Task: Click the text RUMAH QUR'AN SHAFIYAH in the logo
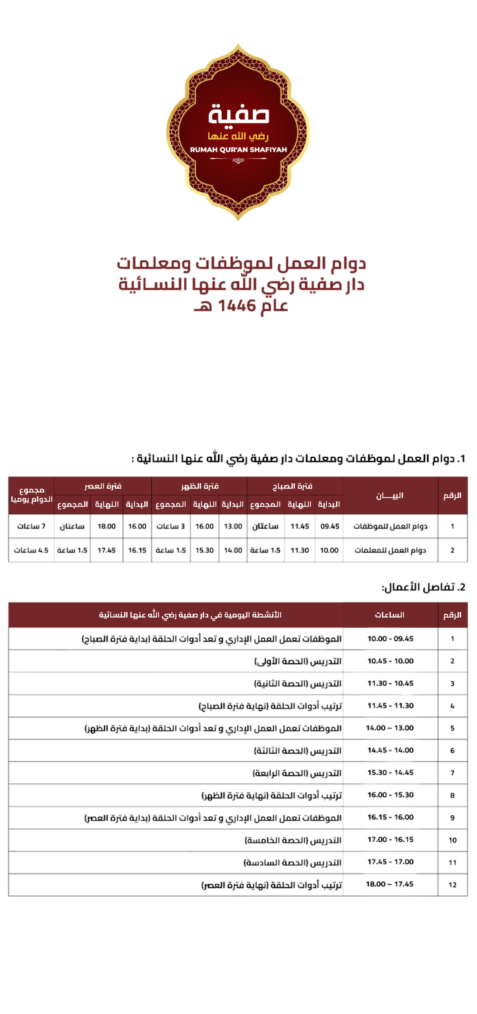pyautogui.click(x=238, y=150)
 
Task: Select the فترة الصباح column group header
pyautogui.click(x=293, y=486)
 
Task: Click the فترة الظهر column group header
pyautogui.click(x=199, y=486)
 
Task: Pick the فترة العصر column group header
pyautogui.click(x=103, y=486)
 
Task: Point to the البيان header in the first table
pyautogui.click(x=390, y=496)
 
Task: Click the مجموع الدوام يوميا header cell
pyautogui.click(x=32, y=495)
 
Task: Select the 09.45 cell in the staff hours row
pyautogui.click(x=330, y=526)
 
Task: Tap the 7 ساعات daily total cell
pyautogui.click(x=31, y=526)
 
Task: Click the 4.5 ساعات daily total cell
pyautogui.click(x=31, y=550)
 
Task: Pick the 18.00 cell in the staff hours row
pyautogui.click(x=107, y=526)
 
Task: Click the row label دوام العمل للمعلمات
pyautogui.click(x=391, y=550)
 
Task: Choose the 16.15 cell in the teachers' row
pyautogui.click(x=137, y=550)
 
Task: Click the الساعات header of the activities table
pyautogui.click(x=390, y=615)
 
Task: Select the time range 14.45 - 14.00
pyautogui.click(x=391, y=750)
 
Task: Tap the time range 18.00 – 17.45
pyautogui.click(x=390, y=884)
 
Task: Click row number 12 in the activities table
pyautogui.click(x=453, y=885)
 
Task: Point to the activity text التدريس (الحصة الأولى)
pyautogui.click(x=298, y=661)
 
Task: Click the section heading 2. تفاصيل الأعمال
pyautogui.click(x=423, y=587)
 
